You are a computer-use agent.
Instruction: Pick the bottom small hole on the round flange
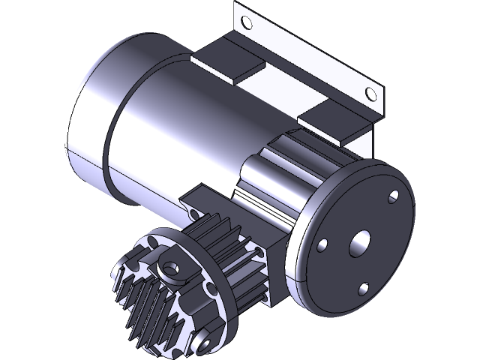[364, 287]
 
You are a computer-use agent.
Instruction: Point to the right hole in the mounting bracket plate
[369, 93]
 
